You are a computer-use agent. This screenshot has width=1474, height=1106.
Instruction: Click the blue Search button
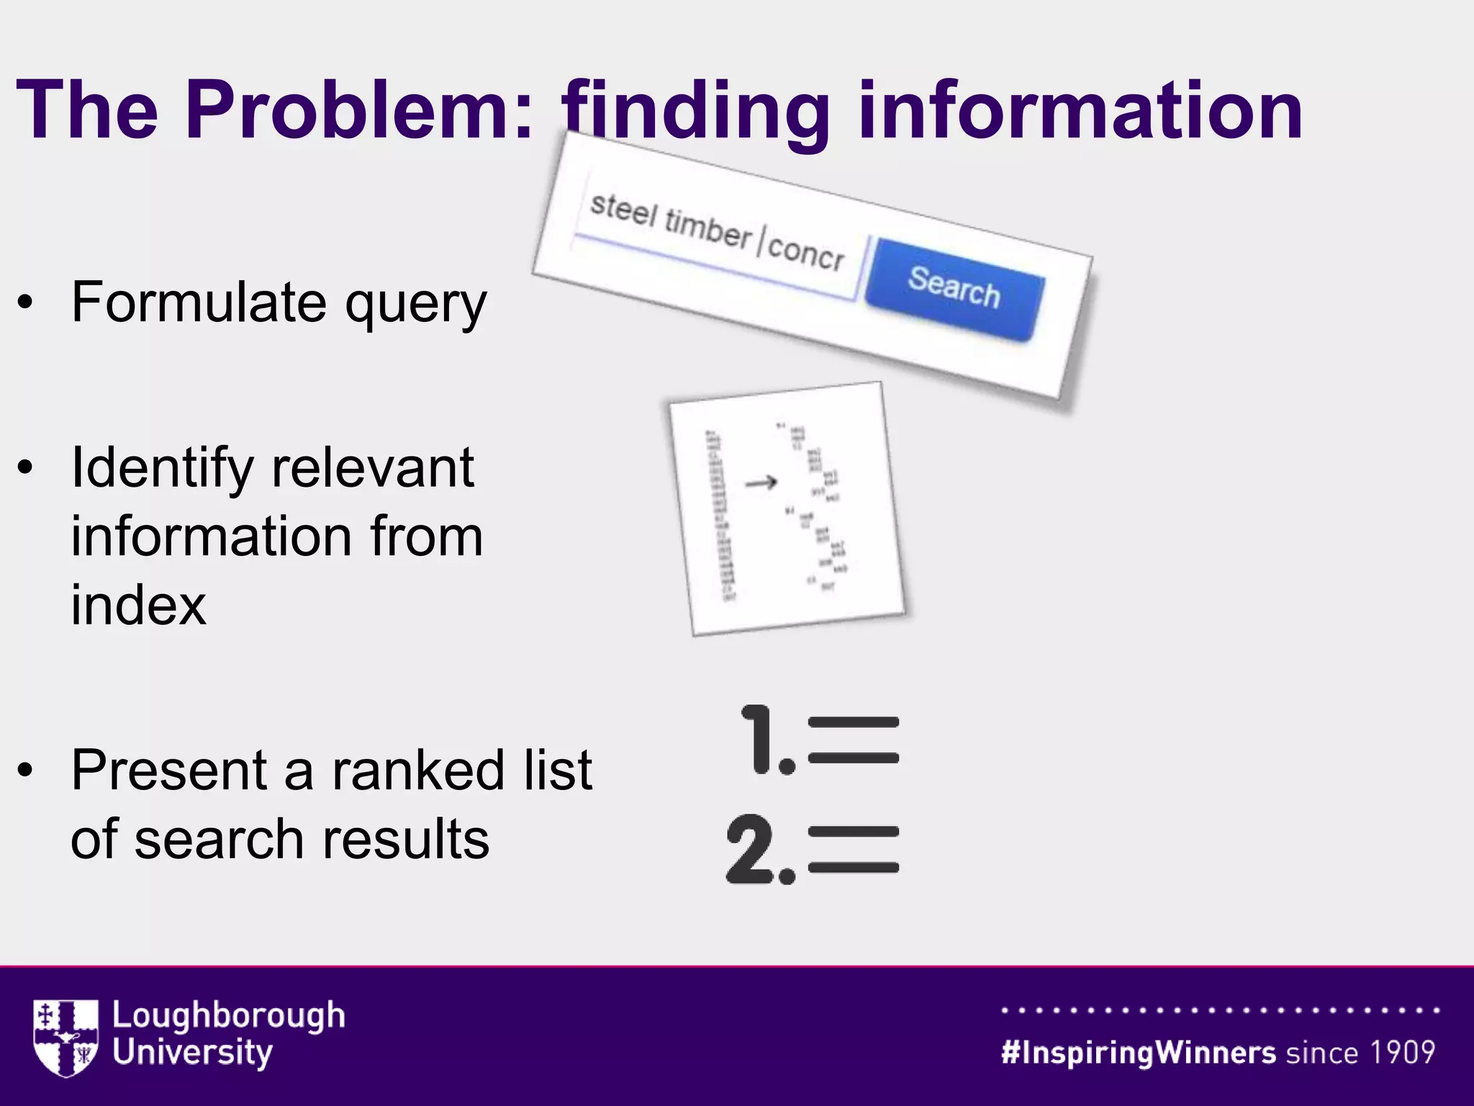tap(954, 288)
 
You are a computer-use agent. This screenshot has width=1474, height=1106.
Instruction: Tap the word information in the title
tap(1080, 110)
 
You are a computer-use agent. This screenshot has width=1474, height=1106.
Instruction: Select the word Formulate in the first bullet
tap(199, 302)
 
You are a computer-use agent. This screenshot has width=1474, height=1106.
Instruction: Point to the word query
tap(416, 306)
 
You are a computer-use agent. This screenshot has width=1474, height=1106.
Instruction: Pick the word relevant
tap(373, 468)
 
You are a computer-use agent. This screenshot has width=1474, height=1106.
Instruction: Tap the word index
tap(138, 605)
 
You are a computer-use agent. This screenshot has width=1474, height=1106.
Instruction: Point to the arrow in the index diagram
tap(761, 482)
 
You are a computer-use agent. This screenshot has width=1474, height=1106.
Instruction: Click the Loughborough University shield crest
tap(65, 1037)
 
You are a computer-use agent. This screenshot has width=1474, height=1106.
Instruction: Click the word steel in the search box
tap(623, 210)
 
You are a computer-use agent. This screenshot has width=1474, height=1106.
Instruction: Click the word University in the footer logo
tap(192, 1053)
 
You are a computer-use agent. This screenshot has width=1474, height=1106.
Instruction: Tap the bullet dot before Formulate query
tap(26, 302)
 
